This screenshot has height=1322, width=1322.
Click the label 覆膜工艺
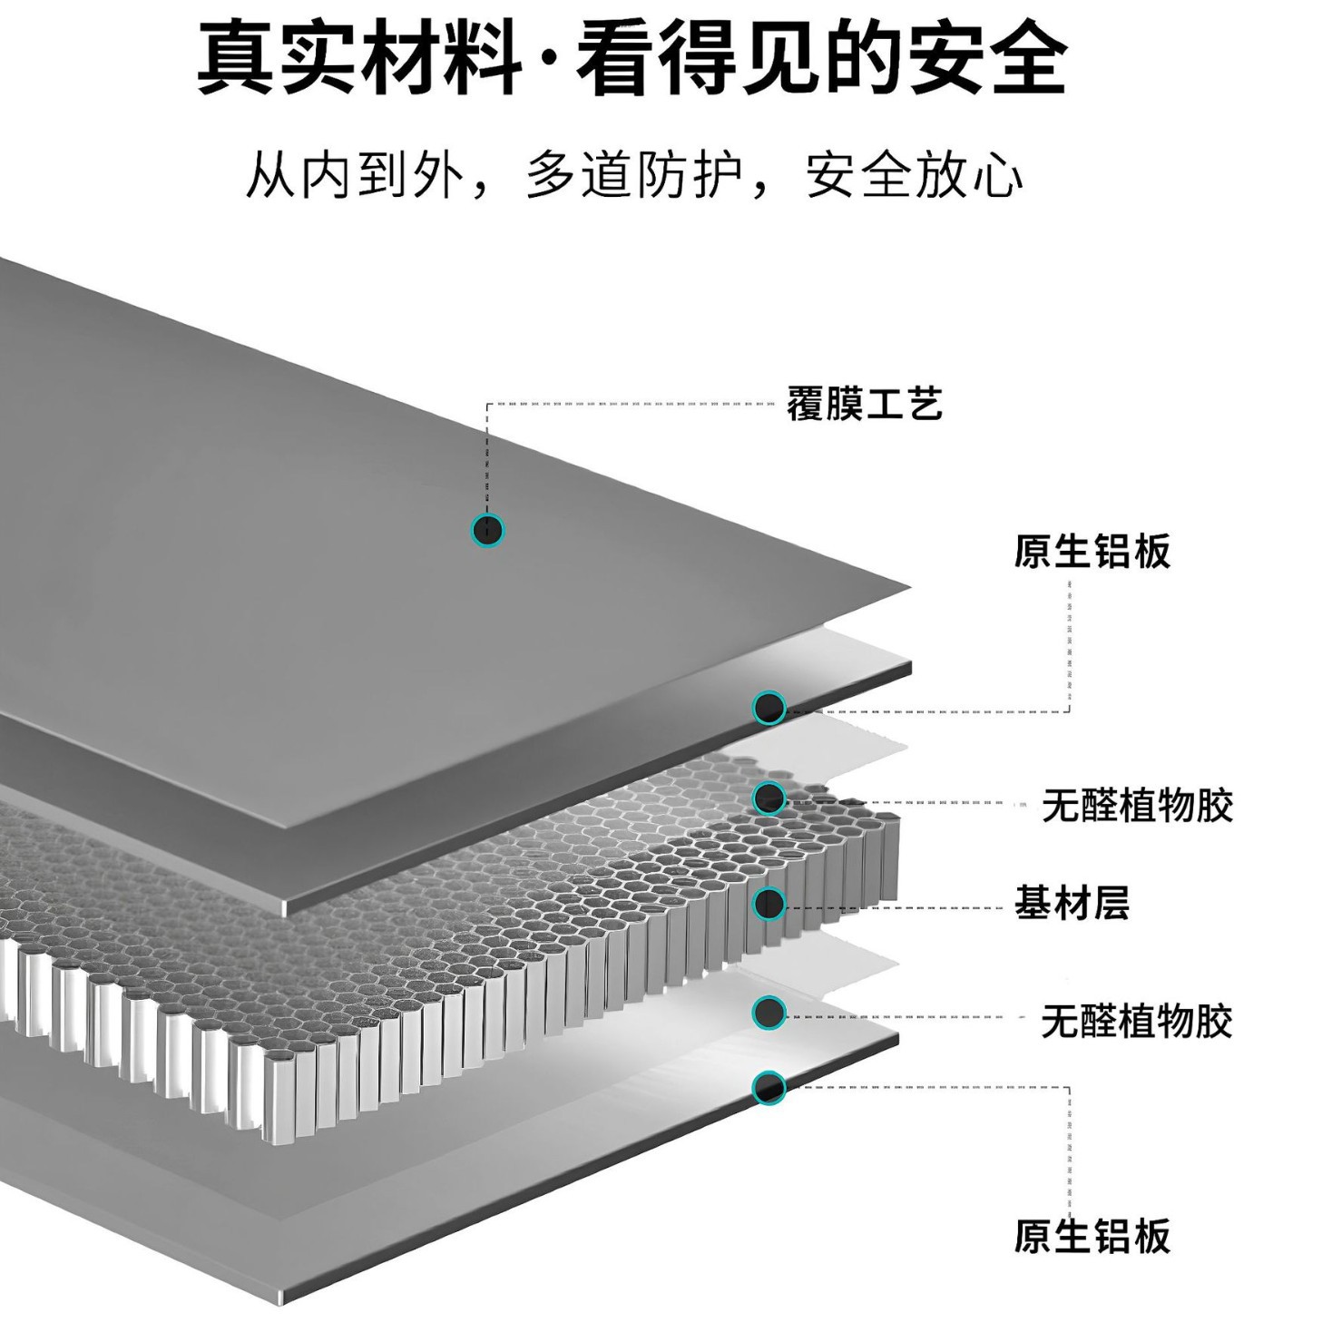click(864, 404)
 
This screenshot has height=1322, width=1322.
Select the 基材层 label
click(1072, 904)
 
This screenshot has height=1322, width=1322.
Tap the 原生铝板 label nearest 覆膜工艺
click(1092, 551)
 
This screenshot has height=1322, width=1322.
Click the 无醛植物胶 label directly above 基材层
click(1137, 805)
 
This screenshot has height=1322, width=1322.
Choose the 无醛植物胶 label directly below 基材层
click(1137, 1021)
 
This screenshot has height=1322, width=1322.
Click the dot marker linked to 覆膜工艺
click(488, 530)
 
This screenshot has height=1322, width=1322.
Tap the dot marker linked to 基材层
click(769, 903)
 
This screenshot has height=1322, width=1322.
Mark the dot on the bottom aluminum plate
click(769, 1086)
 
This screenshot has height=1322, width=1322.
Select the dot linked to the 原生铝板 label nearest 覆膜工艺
click(769, 708)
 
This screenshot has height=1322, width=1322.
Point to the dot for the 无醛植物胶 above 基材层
click(769, 798)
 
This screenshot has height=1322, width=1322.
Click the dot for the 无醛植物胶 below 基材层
click(769, 1013)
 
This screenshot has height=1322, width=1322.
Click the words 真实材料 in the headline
click(360, 59)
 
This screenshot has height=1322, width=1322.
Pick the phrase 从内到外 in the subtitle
click(355, 174)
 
